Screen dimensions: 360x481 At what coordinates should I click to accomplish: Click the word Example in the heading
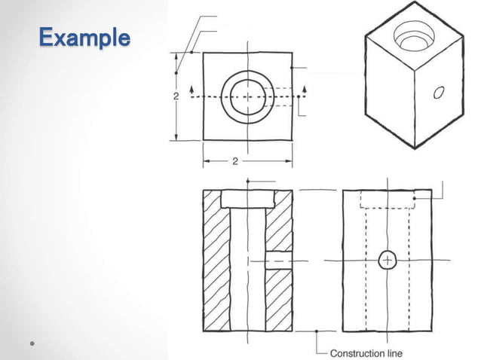(x=82, y=37)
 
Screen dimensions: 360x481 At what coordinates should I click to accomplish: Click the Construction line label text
(x=366, y=352)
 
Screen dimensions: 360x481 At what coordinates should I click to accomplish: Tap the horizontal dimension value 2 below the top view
(x=234, y=161)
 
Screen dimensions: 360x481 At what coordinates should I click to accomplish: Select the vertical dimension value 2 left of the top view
(x=176, y=96)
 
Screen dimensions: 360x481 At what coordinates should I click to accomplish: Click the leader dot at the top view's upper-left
(x=192, y=52)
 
